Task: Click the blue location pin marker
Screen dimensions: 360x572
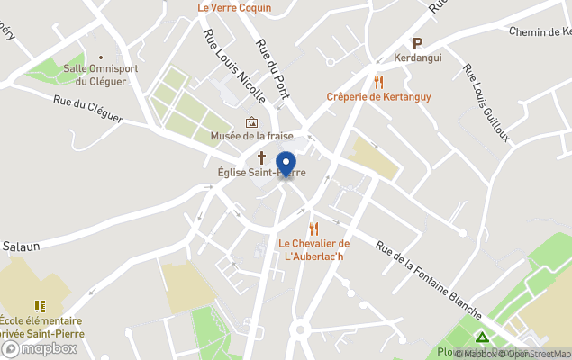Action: (286, 164)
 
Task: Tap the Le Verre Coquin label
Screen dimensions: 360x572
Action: (233, 8)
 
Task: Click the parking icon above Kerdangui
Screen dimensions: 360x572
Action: (417, 43)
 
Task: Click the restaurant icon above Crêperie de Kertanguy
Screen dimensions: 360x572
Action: (378, 81)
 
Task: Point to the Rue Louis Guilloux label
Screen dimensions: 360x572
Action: (486, 102)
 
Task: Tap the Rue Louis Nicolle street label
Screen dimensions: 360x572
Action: (233, 67)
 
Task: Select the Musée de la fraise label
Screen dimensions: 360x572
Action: (252, 136)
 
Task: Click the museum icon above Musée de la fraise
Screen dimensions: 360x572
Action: (251, 121)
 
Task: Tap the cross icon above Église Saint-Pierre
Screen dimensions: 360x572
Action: (261, 157)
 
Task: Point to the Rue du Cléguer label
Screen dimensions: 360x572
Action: (87, 111)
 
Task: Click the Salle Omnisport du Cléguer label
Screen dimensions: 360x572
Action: (100, 75)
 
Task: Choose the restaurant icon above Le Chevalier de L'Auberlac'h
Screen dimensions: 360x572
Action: (313, 229)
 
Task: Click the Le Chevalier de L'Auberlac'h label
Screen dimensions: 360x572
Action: (313, 249)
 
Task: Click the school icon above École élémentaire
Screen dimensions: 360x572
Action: (40, 306)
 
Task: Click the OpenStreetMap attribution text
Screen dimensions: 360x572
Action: (535, 354)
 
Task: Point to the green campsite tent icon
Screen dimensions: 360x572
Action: (483, 337)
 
